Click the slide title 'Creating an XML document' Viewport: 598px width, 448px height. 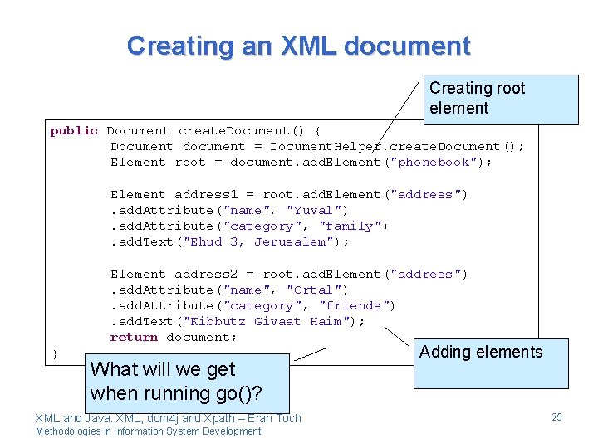click(x=298, y=45)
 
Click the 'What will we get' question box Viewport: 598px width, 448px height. click(x=186, y=381)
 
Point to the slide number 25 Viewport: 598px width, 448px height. click(x=556, y=416)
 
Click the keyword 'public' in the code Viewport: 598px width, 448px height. click(x=74, y=131)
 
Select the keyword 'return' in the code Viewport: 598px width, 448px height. click(x=134, y=337)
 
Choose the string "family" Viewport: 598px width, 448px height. click(x=353, y=226)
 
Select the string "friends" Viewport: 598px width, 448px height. click(x=357, y=305)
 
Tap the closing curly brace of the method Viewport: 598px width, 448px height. click(x=55, y=354)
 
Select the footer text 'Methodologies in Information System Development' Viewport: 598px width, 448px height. click(x=148, y=431)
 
